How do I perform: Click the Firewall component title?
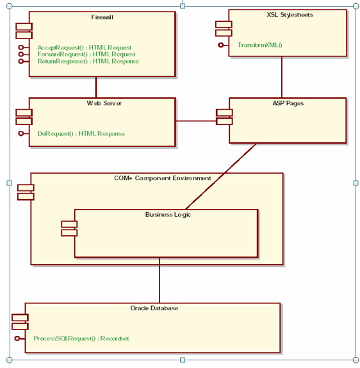pos(102,17)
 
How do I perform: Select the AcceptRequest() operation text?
pos(84,47)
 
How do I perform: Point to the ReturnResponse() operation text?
pos(88,62)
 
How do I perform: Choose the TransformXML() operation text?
pos(259,45)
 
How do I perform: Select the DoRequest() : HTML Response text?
pos(81,133)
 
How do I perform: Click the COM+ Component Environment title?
pos(158,178)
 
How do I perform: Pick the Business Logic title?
pos(168,215)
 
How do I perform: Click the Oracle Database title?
pos(154,308)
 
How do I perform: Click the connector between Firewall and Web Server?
pos(97,87)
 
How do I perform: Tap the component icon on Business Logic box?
pos(69,228)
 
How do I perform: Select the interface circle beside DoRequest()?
pos(21,133)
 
